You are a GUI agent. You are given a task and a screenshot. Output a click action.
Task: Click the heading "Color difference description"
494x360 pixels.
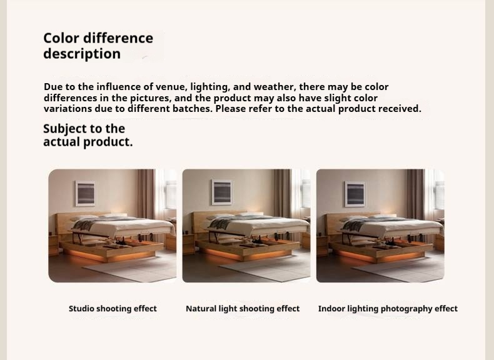coord(98,46)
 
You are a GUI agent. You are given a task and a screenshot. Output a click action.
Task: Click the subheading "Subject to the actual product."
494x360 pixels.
coord(88,135)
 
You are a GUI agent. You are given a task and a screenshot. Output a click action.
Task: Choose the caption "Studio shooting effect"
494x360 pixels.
coord(113,308)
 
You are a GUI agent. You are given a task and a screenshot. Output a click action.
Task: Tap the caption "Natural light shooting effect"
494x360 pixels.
coord(243,308)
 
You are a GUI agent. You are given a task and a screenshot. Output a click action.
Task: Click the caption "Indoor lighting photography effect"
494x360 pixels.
coord(388,308)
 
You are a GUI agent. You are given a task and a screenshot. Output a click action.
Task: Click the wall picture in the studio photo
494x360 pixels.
coord(85,193)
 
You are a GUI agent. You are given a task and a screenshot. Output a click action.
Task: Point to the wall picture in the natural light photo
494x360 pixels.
coord(221,192)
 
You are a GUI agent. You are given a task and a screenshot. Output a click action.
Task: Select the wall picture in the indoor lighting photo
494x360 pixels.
coord(355,194)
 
